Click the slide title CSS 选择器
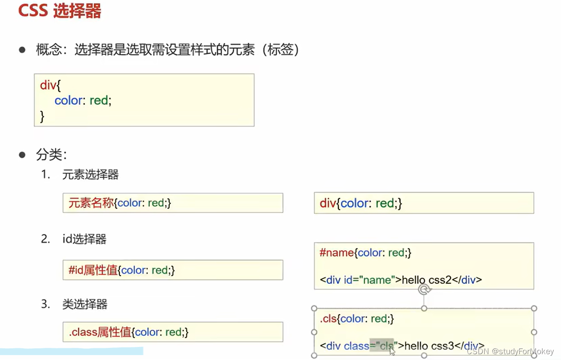[x=60, y=11]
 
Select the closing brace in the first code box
[x=43, y=116]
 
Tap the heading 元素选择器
[x=90, y=175]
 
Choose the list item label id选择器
[x=84, y=239]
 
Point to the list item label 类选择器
[x=85, y=304]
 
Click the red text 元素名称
[x=91, y=203]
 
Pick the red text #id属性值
[x=93, y=270]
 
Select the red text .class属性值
[x=100, y=332]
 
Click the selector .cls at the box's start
[x=328, y=319]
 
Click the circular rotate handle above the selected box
[x=424, y=290]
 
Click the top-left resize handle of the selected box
[x=314, y=308]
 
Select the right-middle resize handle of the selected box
[x=534, y=332]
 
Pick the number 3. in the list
[x=45, y=304]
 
